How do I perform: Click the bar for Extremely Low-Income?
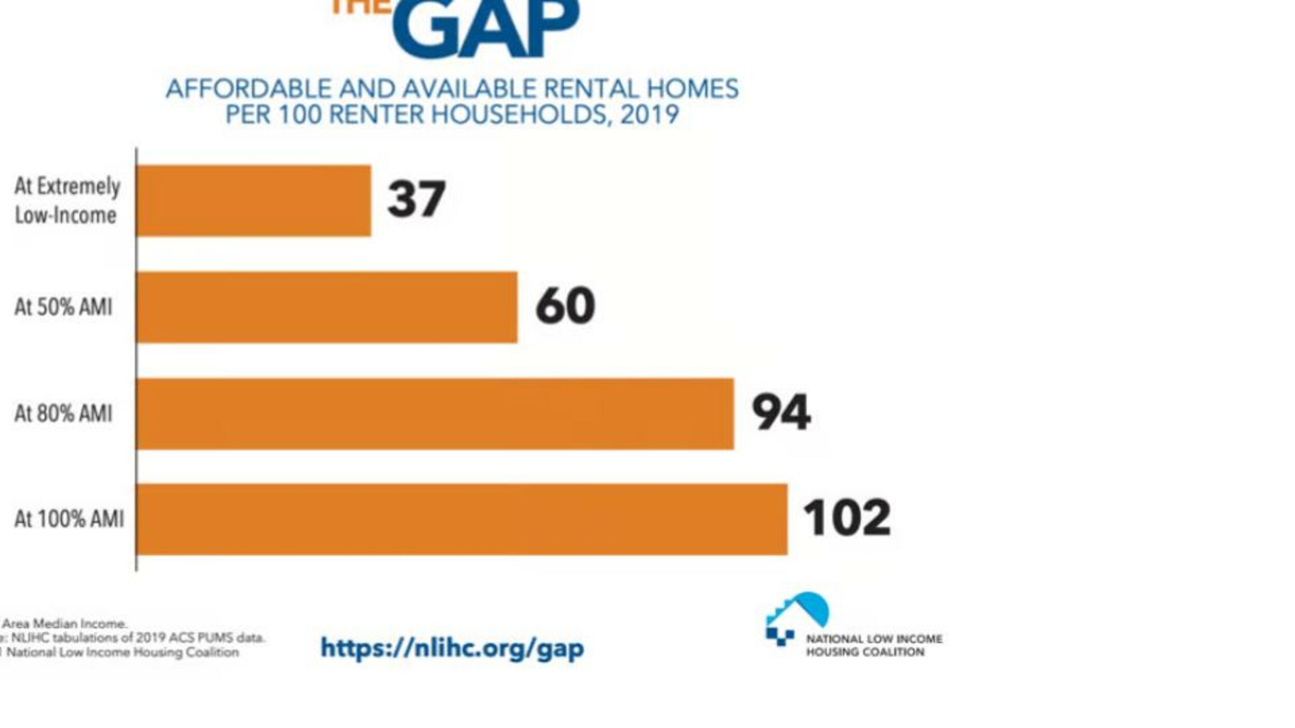pos(253,200)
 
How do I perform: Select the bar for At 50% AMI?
pos(326,307)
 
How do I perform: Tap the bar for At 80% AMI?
pos(435,414)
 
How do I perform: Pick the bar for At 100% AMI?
pos(462,519)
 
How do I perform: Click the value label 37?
pos(416,199)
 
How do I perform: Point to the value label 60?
pos(565,305)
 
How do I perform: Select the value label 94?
pos(781,412)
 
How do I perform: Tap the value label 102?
pos(846,518)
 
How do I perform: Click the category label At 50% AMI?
pos(63,307)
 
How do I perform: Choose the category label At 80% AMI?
pos(63,414)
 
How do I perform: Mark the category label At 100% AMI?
pos(69,519)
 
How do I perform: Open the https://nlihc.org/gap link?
pos(452,648)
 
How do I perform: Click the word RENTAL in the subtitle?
pos(591,89)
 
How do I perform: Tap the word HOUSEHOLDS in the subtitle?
pos(519,114)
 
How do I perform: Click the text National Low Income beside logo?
pos(874,639)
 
